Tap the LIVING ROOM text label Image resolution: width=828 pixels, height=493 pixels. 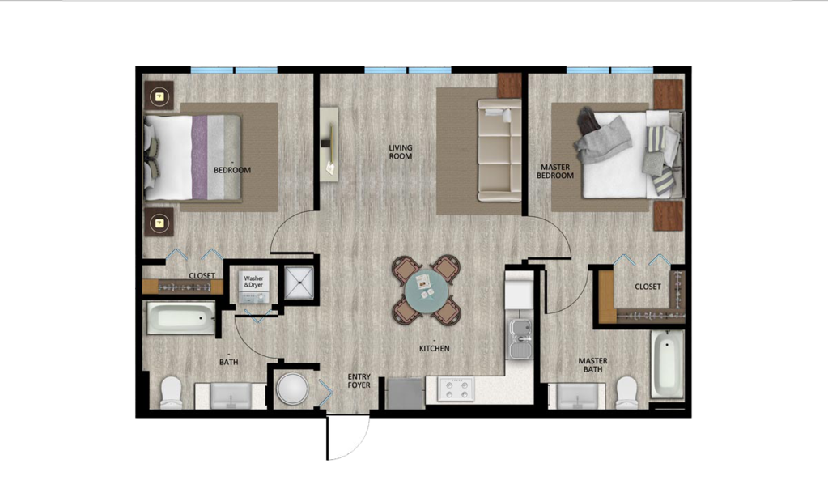[400, 151]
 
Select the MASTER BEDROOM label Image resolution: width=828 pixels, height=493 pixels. [556, 172]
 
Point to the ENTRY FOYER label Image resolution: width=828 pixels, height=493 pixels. [359, 380]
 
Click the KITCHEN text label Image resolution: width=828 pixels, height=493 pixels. [434, 349]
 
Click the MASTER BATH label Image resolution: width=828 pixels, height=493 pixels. [592, 365]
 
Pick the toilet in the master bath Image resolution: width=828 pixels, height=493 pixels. [627, 393]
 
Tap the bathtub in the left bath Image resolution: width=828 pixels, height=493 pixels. [180, 318]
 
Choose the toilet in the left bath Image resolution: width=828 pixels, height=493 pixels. [172, 393]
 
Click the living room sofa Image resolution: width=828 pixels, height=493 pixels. [499, 151]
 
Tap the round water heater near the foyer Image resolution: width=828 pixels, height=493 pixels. [291, 389]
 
